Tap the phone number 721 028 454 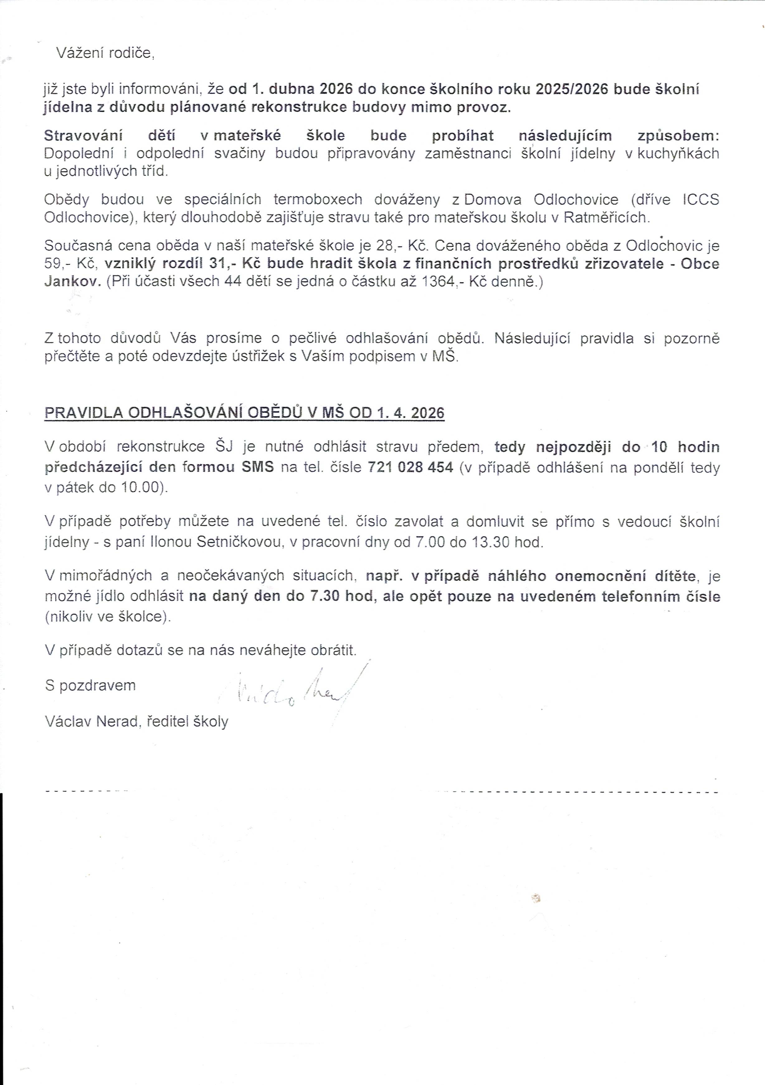point(410,467)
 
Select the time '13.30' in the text point(492,542)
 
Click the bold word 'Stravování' point(83,136)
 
